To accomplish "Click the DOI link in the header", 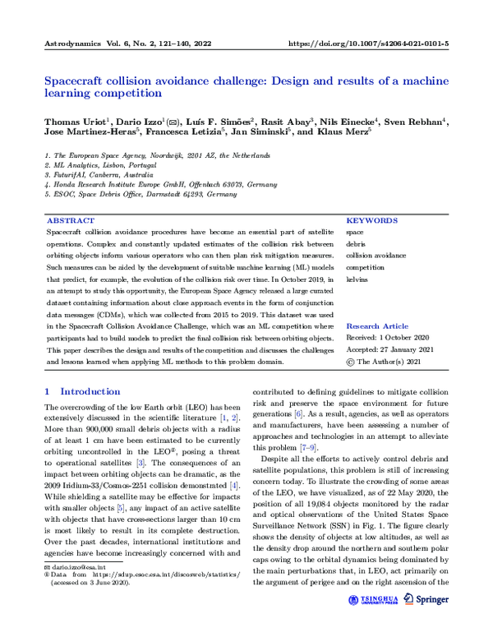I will tap(370, 42).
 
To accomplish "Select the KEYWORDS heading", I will tap(371, 220).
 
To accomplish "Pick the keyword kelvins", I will tap(357, 279).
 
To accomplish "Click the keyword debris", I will tap(356, 244).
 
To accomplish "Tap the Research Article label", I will tap(377, 326).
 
